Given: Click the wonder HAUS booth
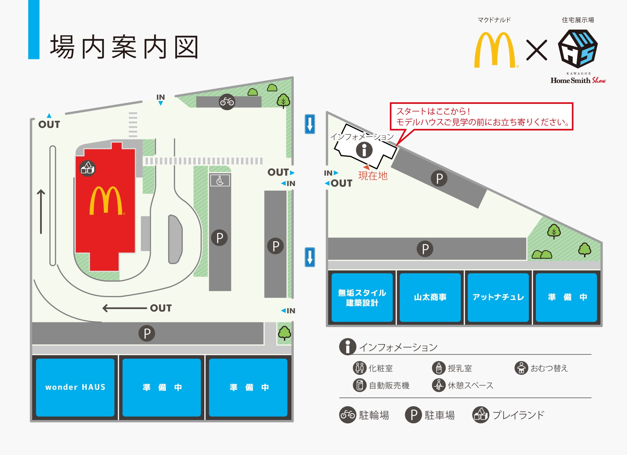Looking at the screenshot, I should (75, 387).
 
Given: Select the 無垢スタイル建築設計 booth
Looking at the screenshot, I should (362, 297).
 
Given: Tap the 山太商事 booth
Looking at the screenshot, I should (430, 297).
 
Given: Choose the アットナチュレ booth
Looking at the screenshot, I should (498, 297).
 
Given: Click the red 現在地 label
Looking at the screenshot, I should (373, 176).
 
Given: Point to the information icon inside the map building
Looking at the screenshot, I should (364, 150).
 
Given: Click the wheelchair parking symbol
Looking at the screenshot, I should (220, 181).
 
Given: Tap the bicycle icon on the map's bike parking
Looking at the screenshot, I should (227, 102).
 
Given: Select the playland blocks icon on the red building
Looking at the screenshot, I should (87, 168).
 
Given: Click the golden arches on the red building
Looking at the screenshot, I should (106, 201).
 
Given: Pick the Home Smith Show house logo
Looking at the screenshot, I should (578, 49).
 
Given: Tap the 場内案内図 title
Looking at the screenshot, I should (124, 47).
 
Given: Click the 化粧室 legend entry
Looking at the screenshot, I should (373, 368).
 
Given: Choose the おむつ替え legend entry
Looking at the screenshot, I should (541, 368).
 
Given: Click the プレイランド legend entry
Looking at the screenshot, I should (508, 415).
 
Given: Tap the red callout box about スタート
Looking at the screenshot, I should (481, 116).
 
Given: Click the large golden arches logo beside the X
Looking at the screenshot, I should (495, 50).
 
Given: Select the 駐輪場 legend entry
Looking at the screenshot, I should (364, 415).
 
